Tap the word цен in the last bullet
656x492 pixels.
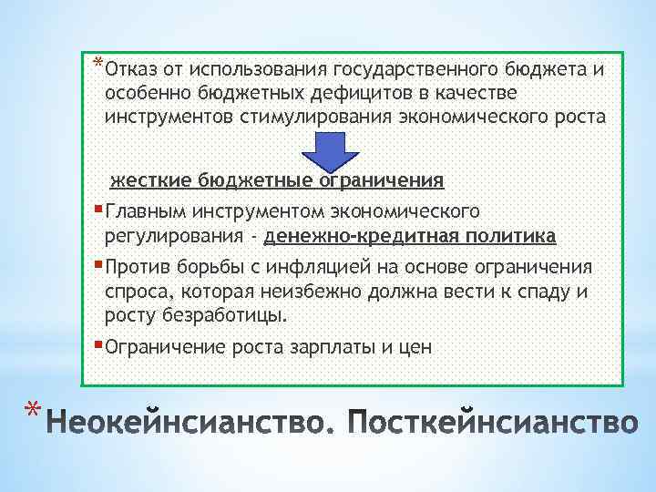coord(414,347)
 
